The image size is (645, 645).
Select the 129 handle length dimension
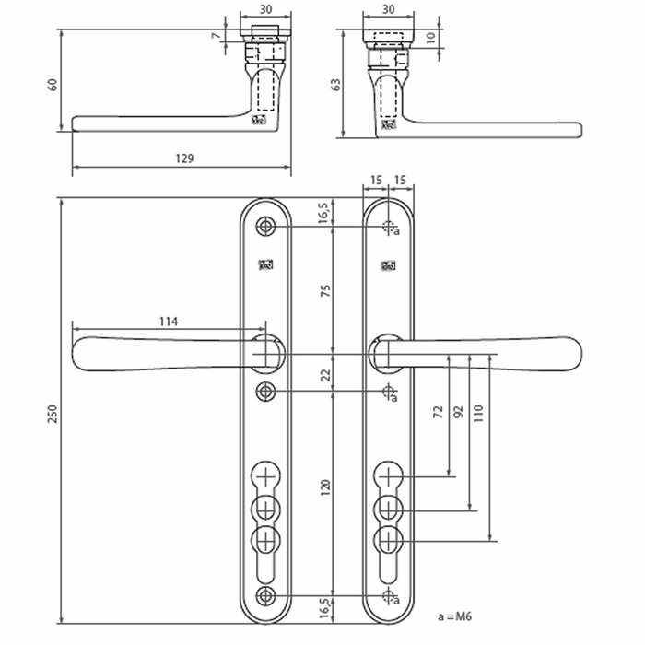point(183,159)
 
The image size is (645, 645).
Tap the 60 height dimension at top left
point(53,84)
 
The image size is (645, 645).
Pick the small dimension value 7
point(215,37)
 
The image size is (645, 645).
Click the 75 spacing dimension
point(325,290)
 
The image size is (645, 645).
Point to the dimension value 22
point(325,373)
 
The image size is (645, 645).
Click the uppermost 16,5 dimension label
point(325,214)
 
